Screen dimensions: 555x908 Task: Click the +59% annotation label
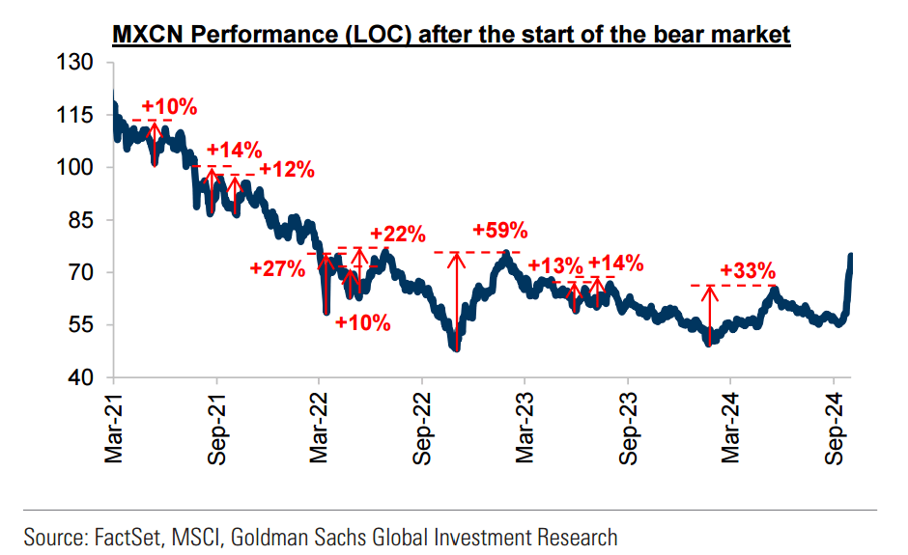[x=500, y=231]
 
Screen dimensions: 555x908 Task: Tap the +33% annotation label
[x=748, y=270]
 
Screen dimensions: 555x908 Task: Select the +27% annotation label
[x=277, y=267]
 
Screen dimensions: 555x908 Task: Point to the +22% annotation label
[x=397, y=234]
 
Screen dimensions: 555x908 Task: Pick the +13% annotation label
[x=556, y=265]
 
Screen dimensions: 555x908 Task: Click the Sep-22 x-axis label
[x=423, y=424]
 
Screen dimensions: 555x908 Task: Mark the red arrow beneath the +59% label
[x=455, y=299]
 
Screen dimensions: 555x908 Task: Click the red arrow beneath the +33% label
[x=710, y=314]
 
